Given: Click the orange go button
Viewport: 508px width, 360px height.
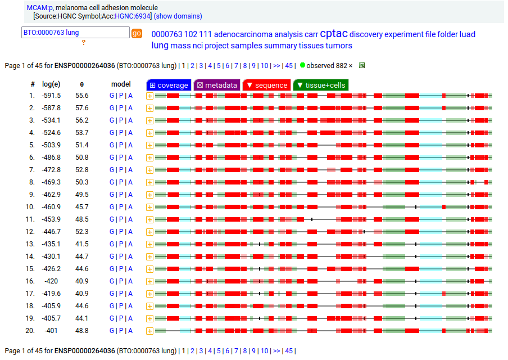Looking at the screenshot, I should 137,33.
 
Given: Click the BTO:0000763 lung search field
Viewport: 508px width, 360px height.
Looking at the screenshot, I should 75,33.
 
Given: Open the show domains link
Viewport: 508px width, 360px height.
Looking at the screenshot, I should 178,16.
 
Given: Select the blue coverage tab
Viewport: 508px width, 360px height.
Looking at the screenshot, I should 169,85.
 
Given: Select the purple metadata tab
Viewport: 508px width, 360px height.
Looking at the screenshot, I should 216,85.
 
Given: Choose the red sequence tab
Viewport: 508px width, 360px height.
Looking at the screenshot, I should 266,85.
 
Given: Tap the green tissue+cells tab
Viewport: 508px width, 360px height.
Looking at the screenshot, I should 320,85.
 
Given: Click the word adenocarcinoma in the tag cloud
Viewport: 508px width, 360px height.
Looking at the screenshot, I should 243,34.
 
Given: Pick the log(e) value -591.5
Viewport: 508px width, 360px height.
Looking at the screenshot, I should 51,96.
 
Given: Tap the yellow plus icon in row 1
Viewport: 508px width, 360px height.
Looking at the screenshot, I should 149,96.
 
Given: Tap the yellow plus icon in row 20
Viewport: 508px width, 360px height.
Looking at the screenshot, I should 149,331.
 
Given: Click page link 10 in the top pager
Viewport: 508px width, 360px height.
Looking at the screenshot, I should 264,66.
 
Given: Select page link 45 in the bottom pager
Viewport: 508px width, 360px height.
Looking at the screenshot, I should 289,351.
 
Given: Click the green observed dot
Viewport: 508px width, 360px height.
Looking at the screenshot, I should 302,65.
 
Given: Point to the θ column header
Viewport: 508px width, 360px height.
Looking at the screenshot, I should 82,84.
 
